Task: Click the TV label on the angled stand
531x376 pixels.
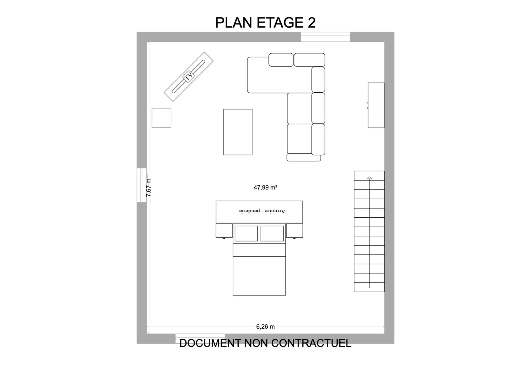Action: (189, 77)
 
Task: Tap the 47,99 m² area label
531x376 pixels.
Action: (265, 188)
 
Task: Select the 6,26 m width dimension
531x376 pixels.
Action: (265, 327)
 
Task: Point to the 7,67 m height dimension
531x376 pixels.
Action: (149, 188)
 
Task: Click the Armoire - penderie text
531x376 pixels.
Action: (262, 211)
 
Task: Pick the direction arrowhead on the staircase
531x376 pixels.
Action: (369, 178)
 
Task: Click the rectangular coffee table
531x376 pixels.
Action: (238, 132)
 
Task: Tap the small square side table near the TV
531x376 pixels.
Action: (161, 117)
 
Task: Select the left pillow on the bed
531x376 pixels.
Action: (246, 234)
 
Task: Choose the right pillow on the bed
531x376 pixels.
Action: (272, 234)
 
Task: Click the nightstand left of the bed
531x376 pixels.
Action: (224, 231)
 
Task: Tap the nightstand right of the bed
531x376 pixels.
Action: (294, 231)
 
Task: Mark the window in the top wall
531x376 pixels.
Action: (326, 37)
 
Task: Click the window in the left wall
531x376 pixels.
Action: (142, 185)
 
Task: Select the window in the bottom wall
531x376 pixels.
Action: (200, 339)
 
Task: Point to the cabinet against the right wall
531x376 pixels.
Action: (376, 105)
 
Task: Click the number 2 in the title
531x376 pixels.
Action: (312, 23)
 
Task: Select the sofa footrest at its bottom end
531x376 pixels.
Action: (304, 157)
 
